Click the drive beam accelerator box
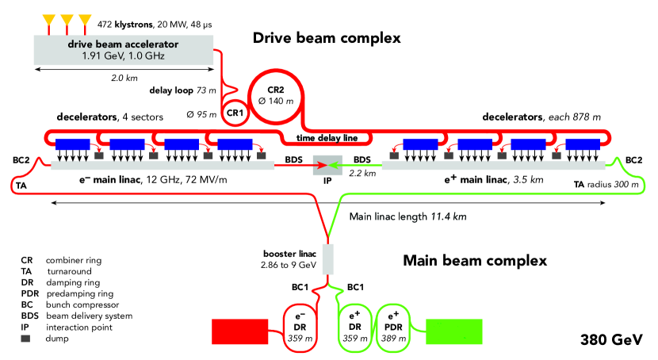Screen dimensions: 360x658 [124, 51]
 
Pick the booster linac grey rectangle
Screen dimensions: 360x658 [327, 259]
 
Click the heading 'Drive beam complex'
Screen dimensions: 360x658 [326, 37]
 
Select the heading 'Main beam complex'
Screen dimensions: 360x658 [473, 261]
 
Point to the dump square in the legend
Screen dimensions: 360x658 [26, 339]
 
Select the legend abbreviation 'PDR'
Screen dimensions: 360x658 [29, 293]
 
